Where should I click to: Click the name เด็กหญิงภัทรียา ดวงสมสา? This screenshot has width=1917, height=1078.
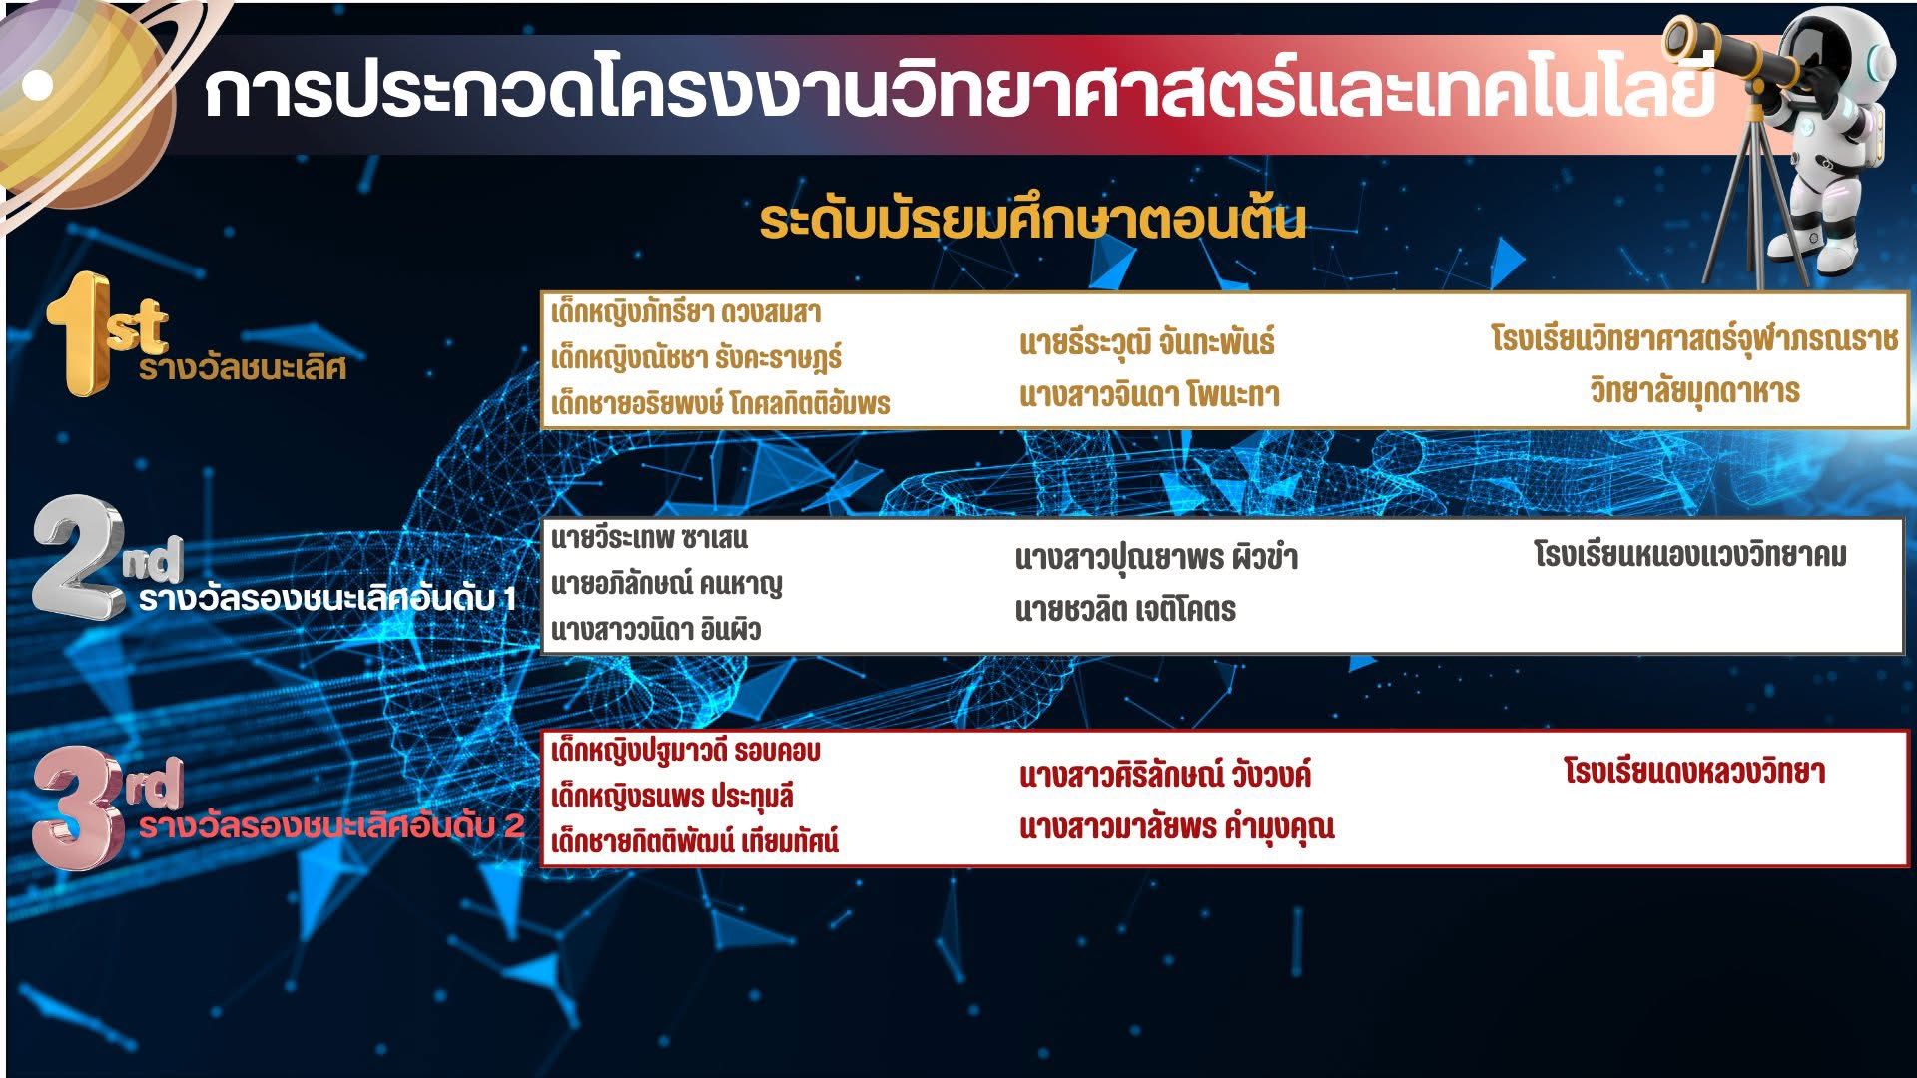686,312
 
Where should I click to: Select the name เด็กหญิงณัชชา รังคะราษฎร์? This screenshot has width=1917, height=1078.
696,357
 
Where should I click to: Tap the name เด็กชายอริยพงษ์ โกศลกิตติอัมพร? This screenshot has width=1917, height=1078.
720,403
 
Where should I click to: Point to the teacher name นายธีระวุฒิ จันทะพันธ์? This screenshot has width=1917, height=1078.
1147,342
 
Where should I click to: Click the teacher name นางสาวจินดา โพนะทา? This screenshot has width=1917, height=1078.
1149,395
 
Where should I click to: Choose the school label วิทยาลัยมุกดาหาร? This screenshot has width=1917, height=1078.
1694,390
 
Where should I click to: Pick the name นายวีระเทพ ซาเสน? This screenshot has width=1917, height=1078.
649,538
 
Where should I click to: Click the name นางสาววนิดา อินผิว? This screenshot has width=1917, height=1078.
656,630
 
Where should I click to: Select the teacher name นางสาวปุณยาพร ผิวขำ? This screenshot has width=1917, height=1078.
1156,557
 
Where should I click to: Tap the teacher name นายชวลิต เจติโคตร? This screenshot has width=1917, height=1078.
1125,609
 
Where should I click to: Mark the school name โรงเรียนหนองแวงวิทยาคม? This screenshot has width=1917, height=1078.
1690,554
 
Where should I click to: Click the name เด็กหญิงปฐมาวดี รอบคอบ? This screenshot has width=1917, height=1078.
685,750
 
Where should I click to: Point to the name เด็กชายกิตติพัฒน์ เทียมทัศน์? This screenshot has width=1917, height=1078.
695,841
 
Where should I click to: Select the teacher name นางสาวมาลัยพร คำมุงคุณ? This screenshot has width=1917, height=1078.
1177,827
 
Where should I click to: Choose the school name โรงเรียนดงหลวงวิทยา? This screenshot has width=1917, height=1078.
1694,772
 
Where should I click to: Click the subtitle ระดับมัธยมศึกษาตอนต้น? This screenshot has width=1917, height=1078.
1032,222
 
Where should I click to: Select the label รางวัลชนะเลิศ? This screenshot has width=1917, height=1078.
243,368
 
